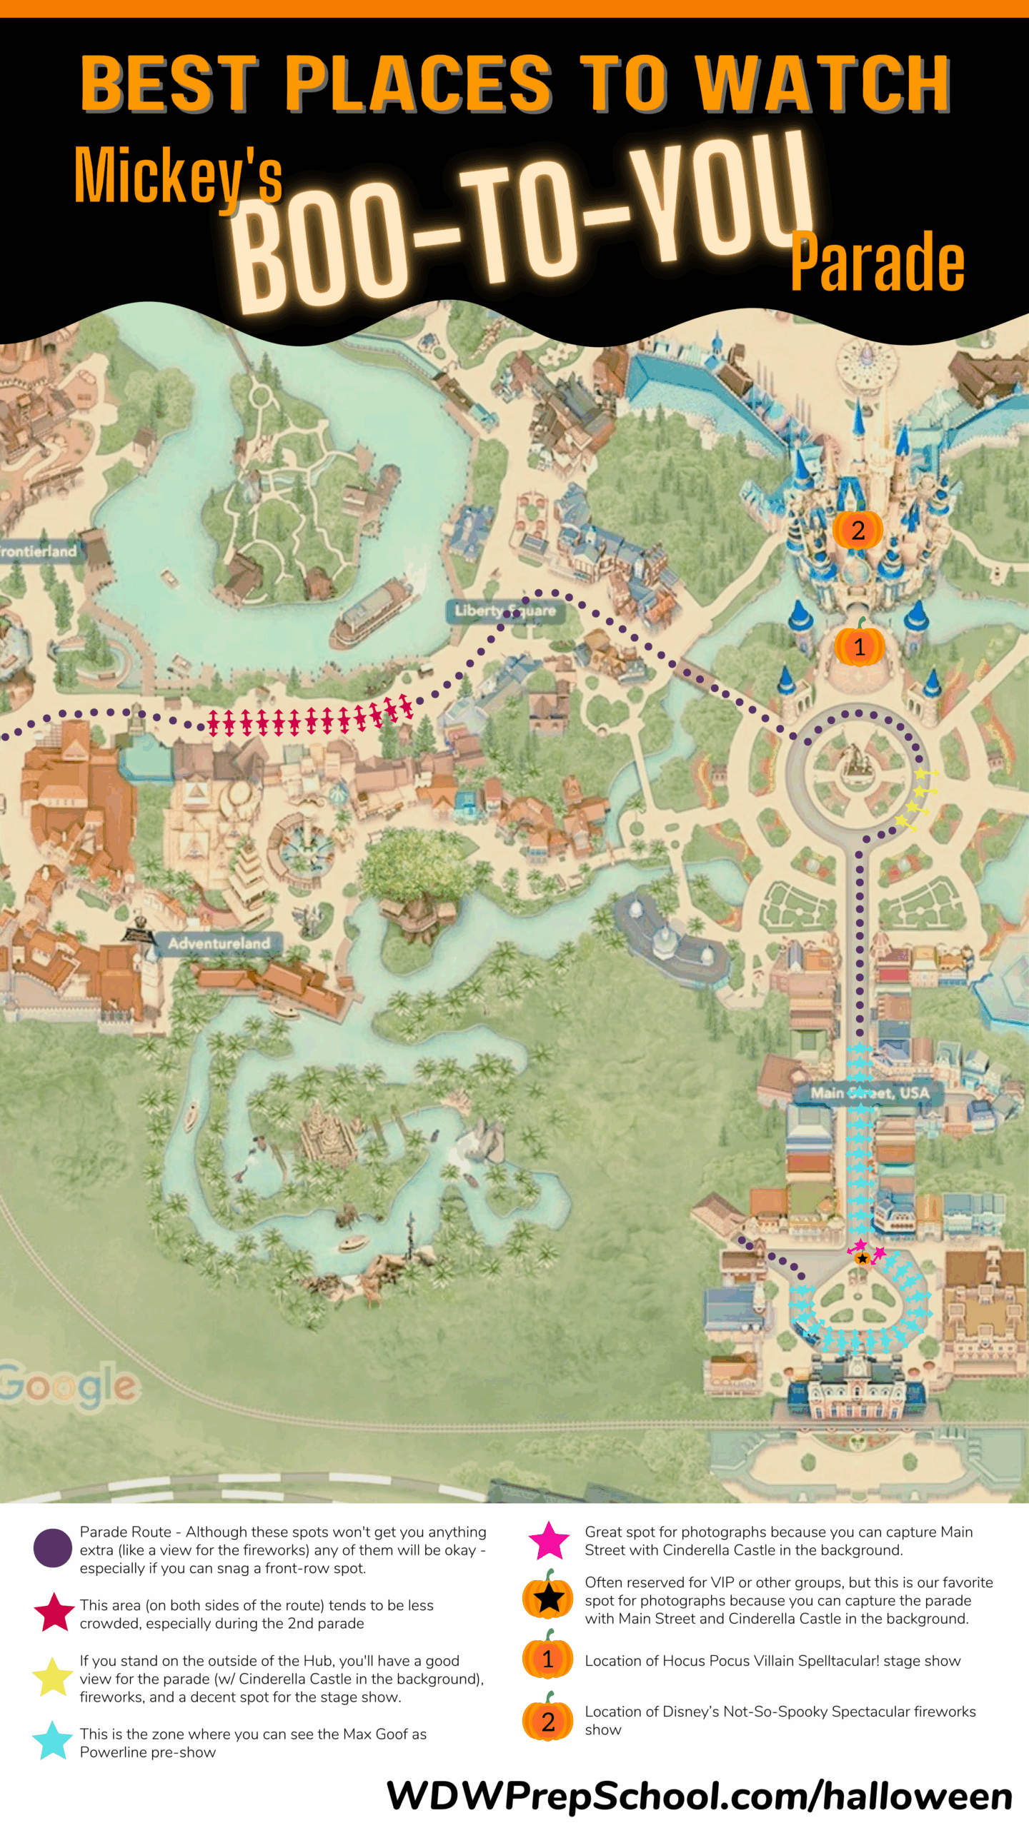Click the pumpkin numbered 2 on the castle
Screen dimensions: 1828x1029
(857, 530)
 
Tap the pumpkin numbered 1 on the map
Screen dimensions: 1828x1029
(859, 646)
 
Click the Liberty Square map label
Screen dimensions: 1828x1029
(505, 611)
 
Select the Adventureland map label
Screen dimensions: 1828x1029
(219, 943)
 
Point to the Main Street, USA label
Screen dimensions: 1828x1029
(870, 1093)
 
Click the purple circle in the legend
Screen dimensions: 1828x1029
(53, 1548)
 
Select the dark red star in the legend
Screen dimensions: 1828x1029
(54, 1613)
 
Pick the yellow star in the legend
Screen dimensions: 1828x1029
(53, 1678)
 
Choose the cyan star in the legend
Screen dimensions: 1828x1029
(53, 1741)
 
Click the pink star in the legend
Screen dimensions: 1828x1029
(549, 1541)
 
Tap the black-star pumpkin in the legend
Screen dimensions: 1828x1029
(548, 1597)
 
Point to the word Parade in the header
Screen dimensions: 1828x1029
(878, 262)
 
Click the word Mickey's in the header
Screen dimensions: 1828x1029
(179, 175)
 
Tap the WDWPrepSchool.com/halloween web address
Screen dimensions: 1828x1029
(699, 1795)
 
